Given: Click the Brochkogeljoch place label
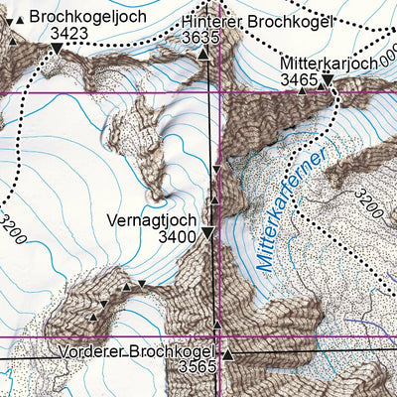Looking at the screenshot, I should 87,17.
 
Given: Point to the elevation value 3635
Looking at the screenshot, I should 201,38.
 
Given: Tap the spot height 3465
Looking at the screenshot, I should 300,78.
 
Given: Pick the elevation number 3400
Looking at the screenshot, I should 176,236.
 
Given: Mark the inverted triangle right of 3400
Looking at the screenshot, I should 207,233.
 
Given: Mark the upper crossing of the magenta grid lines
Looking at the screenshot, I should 219,94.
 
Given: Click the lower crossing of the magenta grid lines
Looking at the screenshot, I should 219,337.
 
